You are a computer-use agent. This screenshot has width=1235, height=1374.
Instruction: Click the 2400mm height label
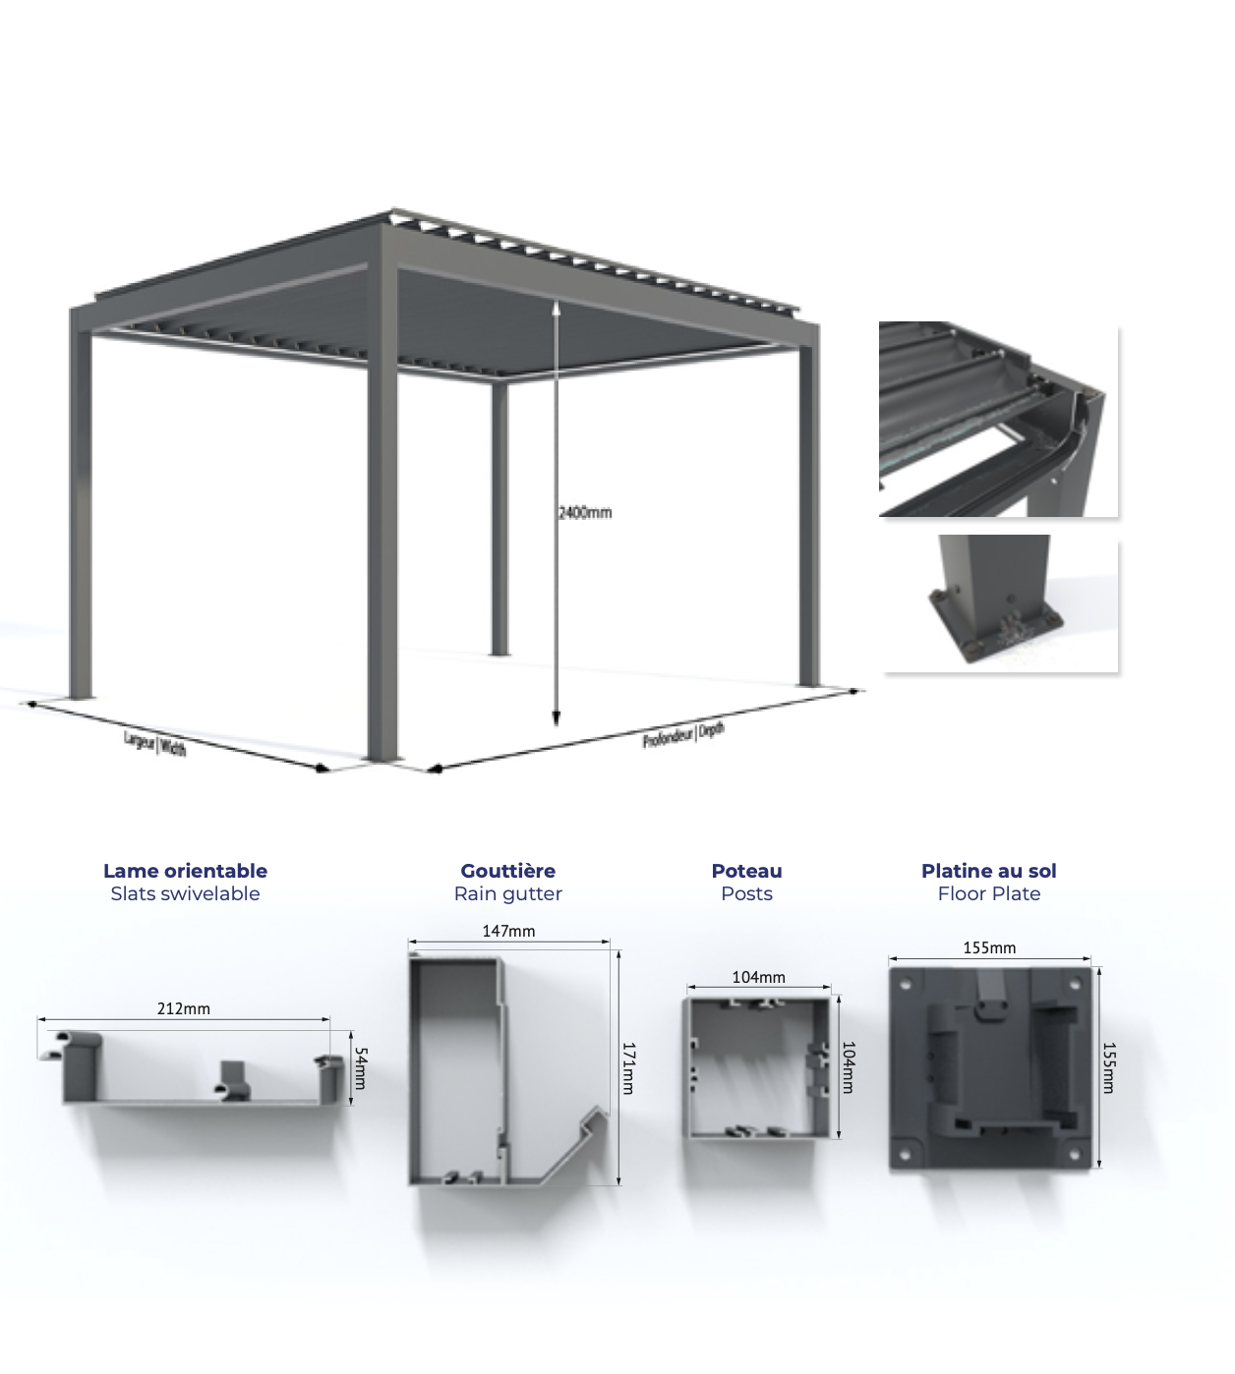pyautogui.click(x=584, y=513)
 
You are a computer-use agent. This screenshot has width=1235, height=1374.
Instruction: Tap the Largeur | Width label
pyautogui.click(x=154, y=743)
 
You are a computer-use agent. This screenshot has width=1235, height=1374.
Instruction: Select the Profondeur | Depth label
pyautogui.click(x=683, y=735)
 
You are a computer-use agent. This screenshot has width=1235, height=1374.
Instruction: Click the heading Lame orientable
pyautogui.click(x=185, y=871)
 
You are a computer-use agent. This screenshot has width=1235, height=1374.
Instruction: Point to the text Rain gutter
pyautogui.click(x=508, y=893)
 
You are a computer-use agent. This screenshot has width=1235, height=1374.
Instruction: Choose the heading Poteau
pyautogui.click(x=746, y=871)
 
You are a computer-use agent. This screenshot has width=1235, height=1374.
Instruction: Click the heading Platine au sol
pyautogui.click(x=988, y=871)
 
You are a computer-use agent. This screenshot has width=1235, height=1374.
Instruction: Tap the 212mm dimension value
pyautogui.click(x=183, y=1008)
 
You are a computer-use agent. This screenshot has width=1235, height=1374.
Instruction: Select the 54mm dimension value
pyautogui.click(x=360, y=1068)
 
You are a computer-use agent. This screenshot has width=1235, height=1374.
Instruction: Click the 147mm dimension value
pyautogui.click(x=508, y=931)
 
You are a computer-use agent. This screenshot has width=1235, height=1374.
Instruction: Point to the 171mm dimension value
pyautogui.click(x=628, y=1068)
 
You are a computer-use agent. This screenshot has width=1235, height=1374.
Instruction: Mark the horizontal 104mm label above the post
pyautogui.click(x=758, y=977)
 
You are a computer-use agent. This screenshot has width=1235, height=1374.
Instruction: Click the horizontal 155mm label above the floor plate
pyautogui.click(x=989, y=947)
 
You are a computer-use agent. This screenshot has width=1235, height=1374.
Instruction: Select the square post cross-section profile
pyautogui.click(x=756, y=1066)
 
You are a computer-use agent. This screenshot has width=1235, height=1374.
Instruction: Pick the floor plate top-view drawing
pyautogui.click(x=990, y=1068)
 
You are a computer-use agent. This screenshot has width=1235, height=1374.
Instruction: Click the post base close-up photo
pyautogui.click(x=1000, y=603)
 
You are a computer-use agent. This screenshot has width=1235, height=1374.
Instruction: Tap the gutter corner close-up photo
pyautogui.click(x=998, y=419)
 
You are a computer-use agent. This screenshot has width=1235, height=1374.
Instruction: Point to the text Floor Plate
pyautogui.click(x=988, y=893)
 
